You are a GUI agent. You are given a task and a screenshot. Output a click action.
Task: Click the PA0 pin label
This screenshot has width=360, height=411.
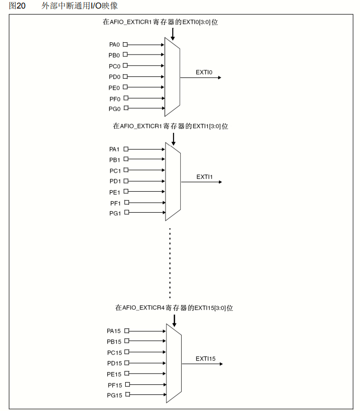point(114,45)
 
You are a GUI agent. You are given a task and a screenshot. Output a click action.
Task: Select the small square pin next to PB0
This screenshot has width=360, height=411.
point(125,55)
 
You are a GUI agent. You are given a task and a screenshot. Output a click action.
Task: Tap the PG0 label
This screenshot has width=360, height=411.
point(114,109)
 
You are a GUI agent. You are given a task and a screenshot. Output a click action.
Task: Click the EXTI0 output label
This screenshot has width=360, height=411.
point(204,72)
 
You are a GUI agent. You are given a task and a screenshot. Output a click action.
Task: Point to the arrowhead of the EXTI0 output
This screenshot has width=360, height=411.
point(219,77)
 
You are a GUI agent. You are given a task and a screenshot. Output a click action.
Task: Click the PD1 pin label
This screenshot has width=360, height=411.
point(115,181)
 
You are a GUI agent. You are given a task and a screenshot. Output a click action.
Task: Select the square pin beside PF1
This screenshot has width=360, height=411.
point(126,203)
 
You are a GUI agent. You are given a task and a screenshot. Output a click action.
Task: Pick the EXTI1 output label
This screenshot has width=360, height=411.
point(204,177)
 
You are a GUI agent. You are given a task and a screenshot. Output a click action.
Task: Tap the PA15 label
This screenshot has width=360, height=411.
point(114,331)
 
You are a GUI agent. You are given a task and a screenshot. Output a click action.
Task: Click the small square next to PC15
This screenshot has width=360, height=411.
point(127,352)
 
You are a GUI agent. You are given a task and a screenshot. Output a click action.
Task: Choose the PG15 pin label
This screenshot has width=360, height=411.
point(114,395)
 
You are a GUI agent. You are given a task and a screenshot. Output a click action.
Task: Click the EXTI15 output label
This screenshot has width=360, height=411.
point(205,359)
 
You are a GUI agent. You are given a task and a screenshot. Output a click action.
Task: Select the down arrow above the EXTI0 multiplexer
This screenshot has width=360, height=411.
point(173,34)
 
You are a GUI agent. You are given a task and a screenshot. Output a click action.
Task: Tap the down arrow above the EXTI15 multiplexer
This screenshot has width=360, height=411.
point(175,321)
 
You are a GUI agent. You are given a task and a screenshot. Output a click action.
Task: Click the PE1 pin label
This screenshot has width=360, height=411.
point(115,192)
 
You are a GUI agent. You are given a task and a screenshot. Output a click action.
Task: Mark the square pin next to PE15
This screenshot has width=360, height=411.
point(127,374)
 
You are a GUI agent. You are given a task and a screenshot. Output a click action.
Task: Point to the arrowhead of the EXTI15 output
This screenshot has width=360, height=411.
point(221,364)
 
